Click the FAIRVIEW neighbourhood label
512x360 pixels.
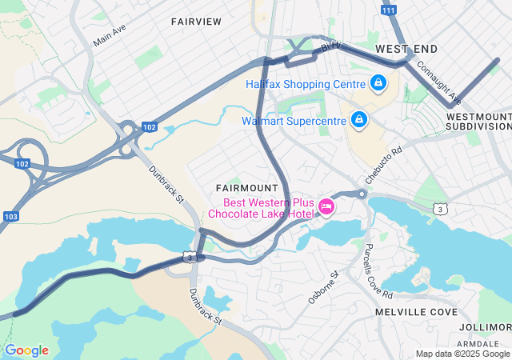196,22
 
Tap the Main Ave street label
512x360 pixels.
110,34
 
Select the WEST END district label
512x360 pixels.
406,49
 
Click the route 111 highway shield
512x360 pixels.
388,10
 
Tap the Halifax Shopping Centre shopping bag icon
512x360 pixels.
378,82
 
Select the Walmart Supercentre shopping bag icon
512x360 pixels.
359,121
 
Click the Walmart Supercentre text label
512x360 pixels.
294,122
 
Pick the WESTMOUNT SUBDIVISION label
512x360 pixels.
478,121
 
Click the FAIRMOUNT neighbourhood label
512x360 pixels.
246,187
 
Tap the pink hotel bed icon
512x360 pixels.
326,207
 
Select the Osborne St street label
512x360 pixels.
324,287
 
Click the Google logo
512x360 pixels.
26,350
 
